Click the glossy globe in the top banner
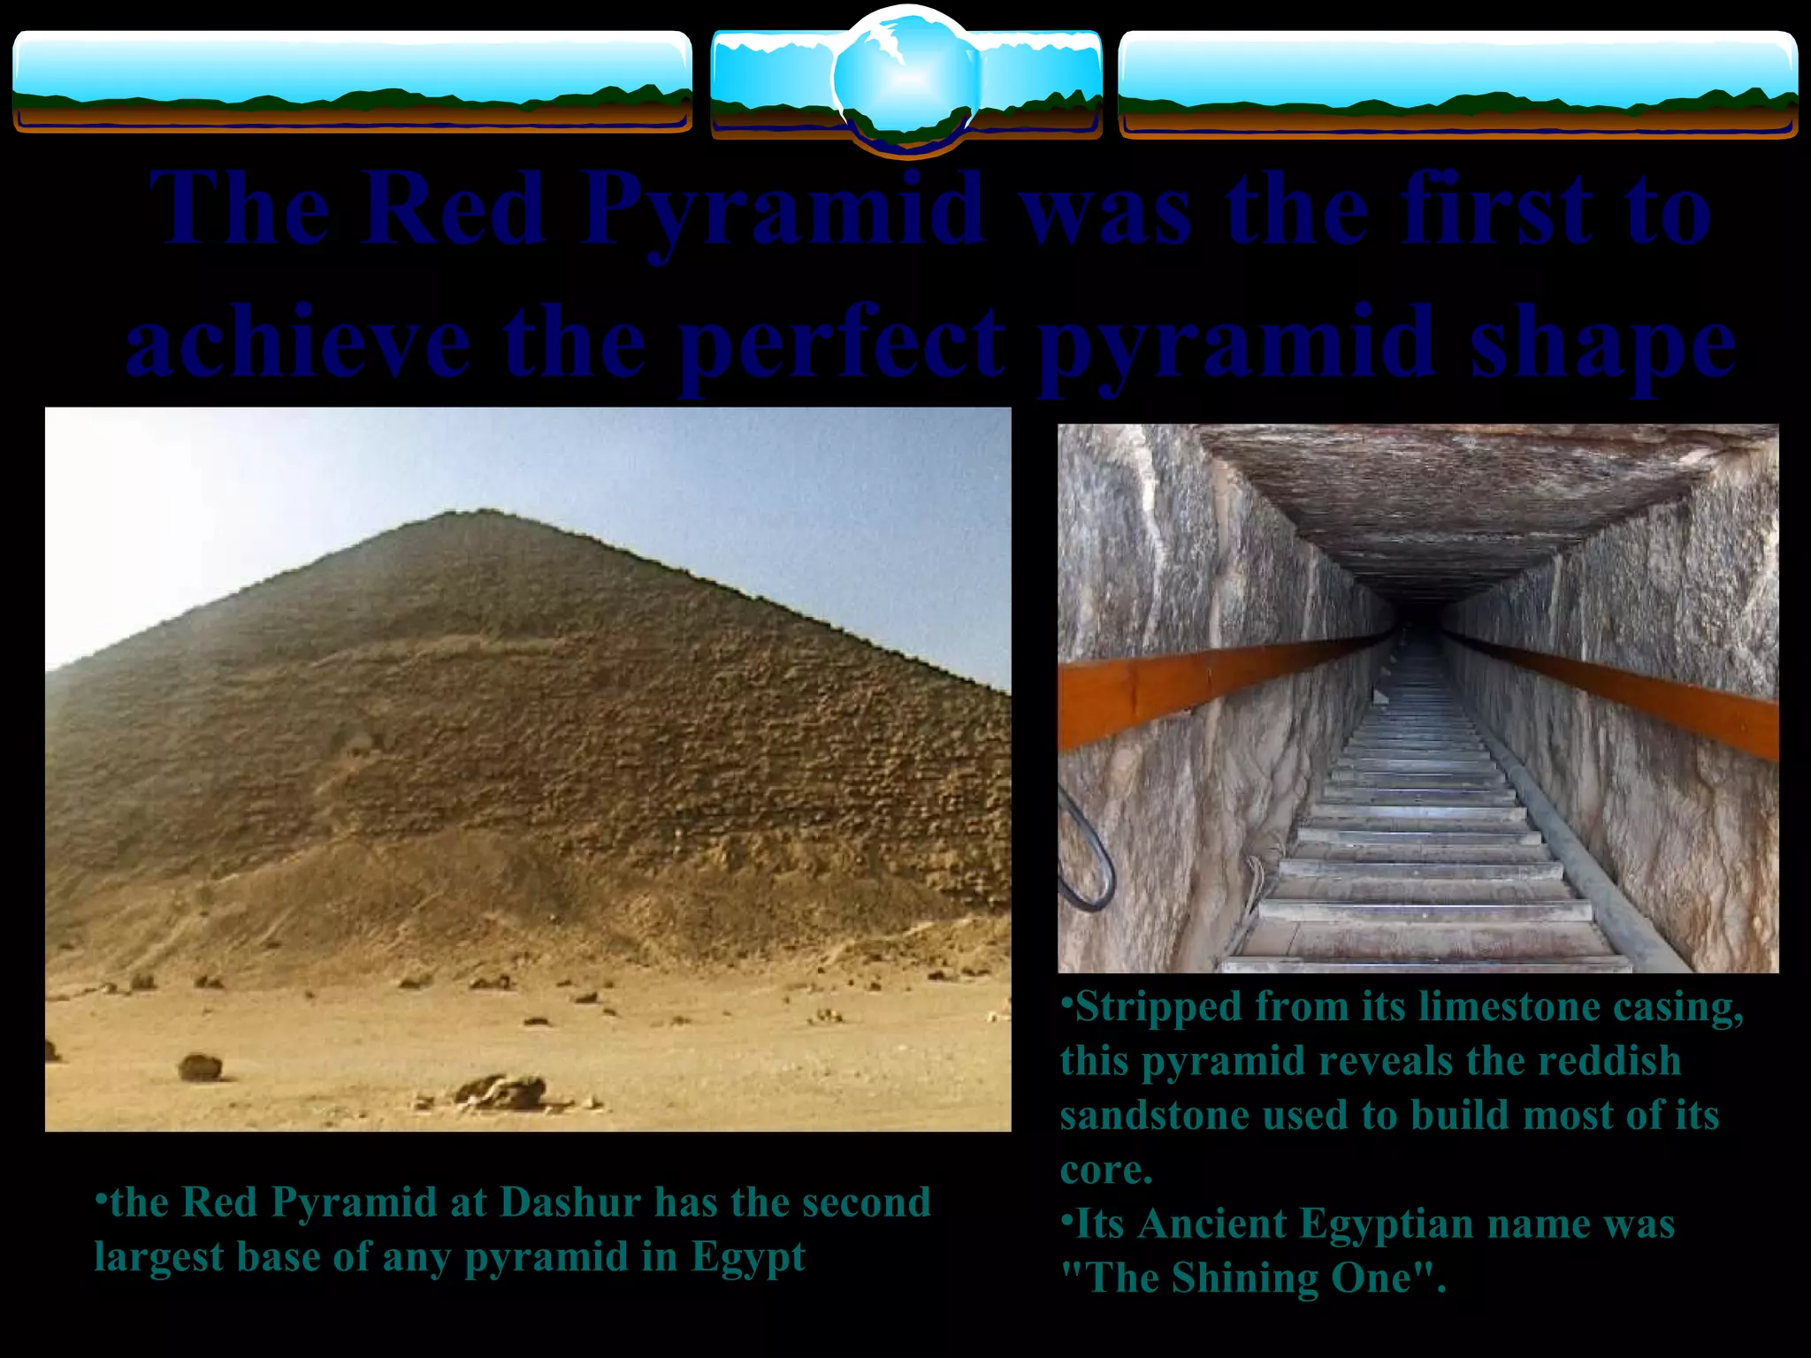tap(905, 80)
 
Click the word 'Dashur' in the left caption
tap(570, 1202)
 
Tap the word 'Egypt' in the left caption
tap(748, 1257)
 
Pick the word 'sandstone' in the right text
tap(1154, 1116)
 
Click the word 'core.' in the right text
tap(1106, 1171)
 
